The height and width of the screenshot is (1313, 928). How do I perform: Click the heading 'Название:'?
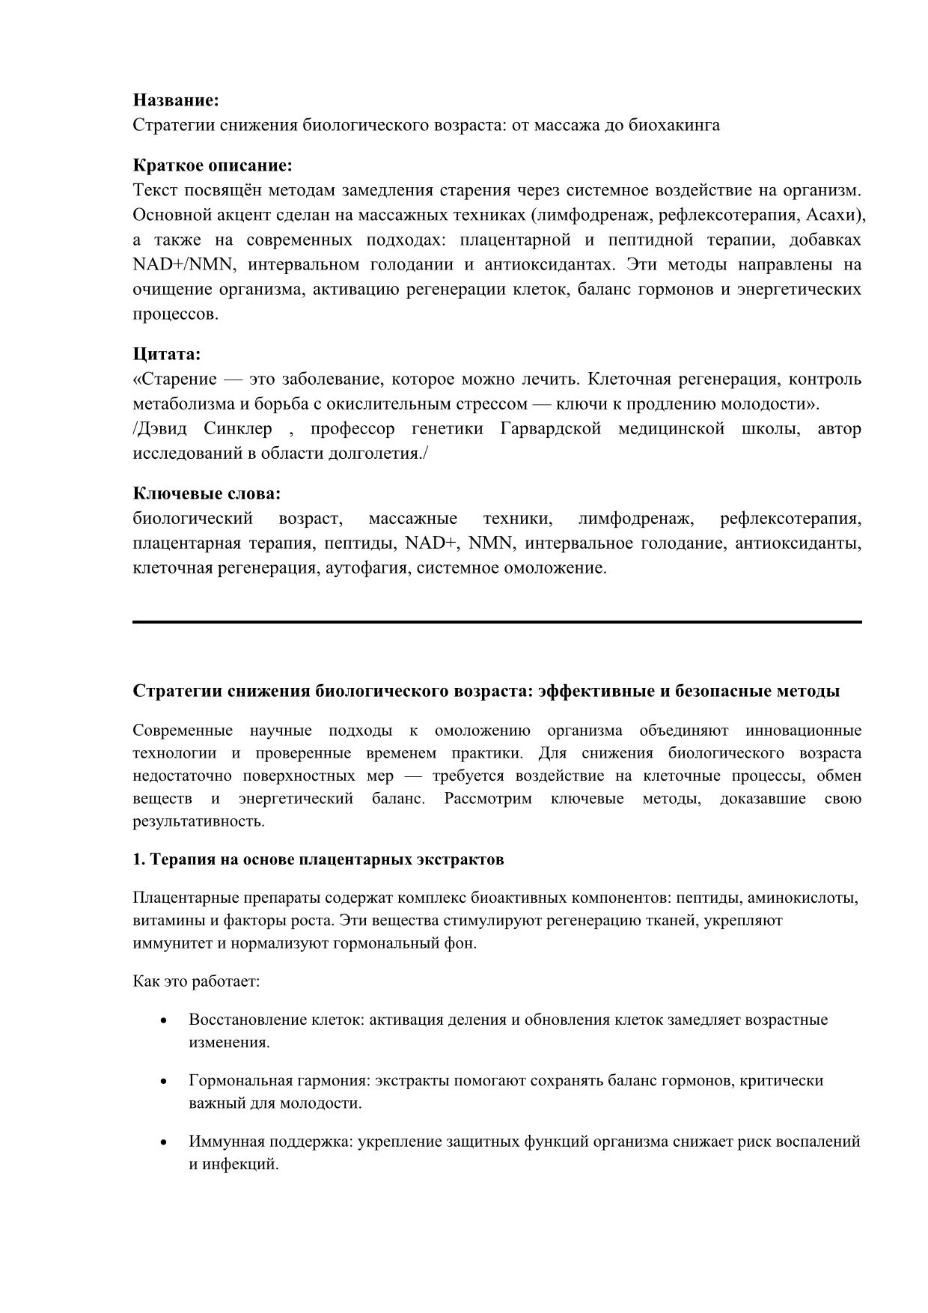click(176, 100)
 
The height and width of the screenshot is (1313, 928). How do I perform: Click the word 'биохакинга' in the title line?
click(679, 125)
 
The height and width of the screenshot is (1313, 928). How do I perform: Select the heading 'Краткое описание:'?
click(213, 165)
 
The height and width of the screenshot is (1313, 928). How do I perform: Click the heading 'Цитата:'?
click(167, 354)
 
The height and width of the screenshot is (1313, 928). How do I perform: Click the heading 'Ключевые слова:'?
click(207, 494)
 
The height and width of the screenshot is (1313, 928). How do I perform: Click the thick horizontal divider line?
click(497, 621)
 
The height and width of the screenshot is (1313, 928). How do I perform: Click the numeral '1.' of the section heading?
click(138, 859)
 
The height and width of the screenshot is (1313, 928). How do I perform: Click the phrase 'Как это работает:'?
click(196, 981)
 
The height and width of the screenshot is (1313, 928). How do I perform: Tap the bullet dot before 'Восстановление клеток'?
click(163, 1021)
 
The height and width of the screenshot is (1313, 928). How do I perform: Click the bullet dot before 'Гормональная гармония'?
click(163, 1082)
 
